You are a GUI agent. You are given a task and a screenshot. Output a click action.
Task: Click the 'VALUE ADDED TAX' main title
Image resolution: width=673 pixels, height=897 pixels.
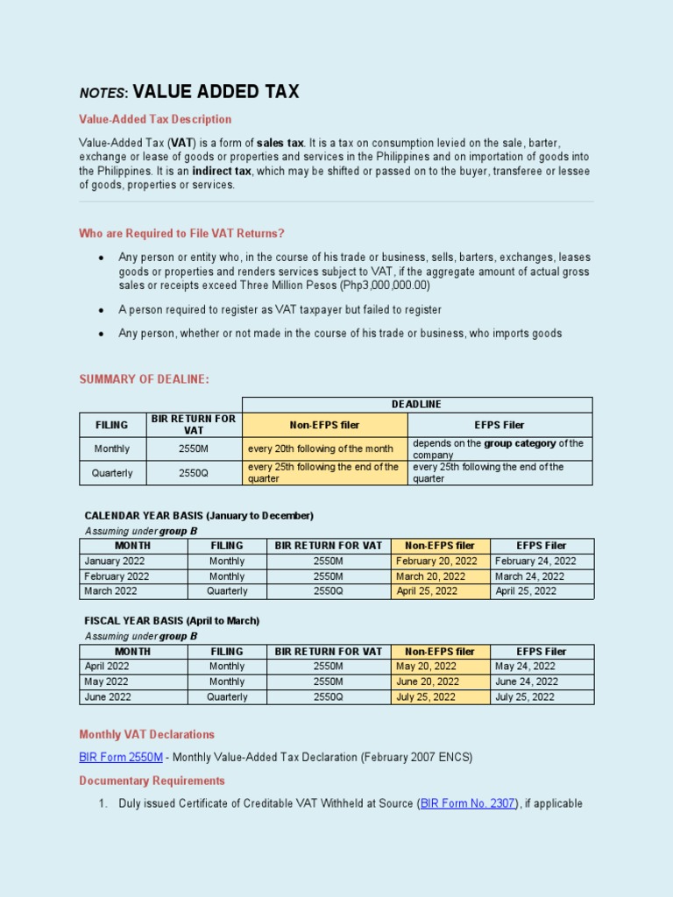216,92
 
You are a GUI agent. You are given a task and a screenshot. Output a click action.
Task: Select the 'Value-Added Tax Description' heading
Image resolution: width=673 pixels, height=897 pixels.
155,119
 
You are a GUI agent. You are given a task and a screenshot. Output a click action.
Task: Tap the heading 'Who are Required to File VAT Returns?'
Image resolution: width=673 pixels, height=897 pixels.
181,233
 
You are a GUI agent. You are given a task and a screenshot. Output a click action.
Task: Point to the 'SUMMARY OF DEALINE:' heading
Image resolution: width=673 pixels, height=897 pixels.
145,379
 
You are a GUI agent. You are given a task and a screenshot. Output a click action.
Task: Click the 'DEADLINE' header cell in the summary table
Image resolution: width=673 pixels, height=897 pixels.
416,405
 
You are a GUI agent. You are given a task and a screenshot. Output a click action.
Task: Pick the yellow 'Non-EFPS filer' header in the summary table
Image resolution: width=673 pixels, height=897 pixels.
324,425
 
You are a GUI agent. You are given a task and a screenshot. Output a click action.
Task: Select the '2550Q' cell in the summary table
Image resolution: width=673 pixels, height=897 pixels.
194,473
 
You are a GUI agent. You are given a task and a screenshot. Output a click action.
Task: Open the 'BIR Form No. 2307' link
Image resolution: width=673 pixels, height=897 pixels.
469,803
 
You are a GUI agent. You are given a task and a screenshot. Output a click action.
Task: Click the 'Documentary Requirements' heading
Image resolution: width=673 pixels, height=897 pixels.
152,780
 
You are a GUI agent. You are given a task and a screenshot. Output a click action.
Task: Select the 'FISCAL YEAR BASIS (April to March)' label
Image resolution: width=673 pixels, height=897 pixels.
172,621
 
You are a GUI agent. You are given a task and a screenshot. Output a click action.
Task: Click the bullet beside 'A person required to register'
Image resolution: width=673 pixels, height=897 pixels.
103,310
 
